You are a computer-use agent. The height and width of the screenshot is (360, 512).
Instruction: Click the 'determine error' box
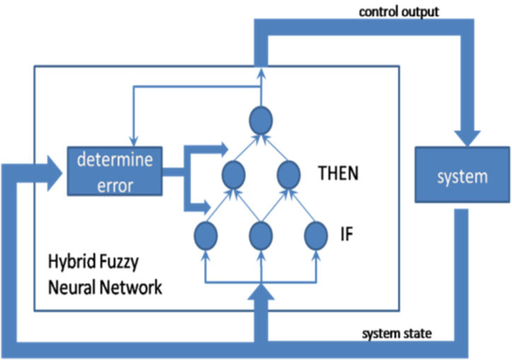[x=114, y=170]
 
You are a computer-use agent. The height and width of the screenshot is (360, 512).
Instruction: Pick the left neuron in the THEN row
[x=233, y=173]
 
